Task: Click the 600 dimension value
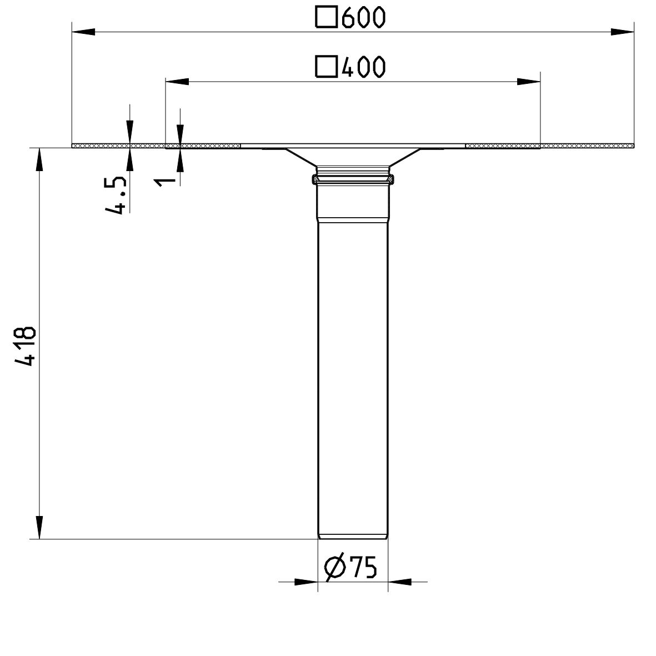pos(362,18)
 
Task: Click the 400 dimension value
pos(362,67)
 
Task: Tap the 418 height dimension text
pos(26,345)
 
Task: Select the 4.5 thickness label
pos(115,193)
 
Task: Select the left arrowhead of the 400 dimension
pos(176,82)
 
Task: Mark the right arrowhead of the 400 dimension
pos(528,82)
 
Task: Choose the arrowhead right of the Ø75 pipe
pos(399,582)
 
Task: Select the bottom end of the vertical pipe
pos(353,536)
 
